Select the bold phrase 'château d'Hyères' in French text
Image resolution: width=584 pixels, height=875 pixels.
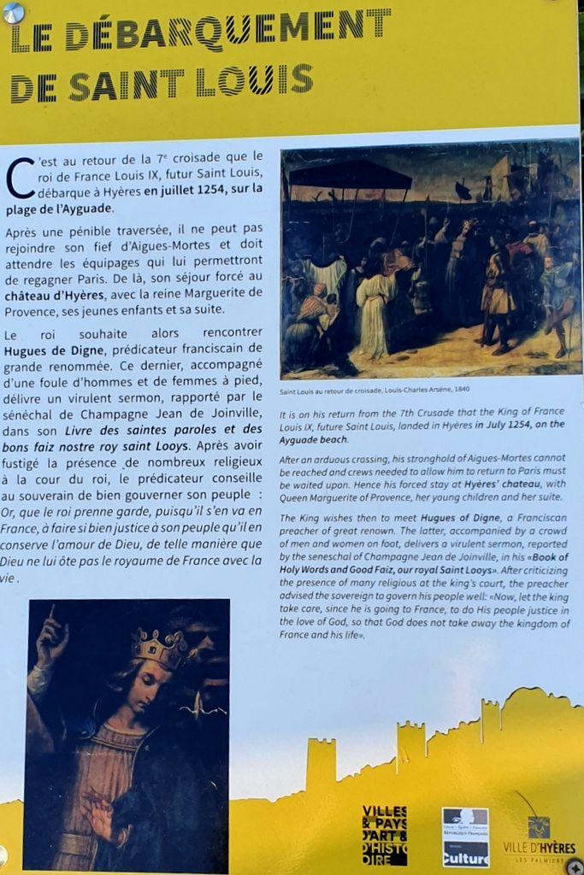(x=53, y=295)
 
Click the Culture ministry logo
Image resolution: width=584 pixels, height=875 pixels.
(x=465, y=837)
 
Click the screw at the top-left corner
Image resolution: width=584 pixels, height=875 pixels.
(x=13, y=13)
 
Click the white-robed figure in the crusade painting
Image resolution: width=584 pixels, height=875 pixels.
(x=374, y=312)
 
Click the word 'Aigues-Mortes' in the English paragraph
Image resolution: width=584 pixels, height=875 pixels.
(x=516, y=459)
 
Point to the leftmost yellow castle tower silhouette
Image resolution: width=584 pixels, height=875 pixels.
(x=321, y=763)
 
